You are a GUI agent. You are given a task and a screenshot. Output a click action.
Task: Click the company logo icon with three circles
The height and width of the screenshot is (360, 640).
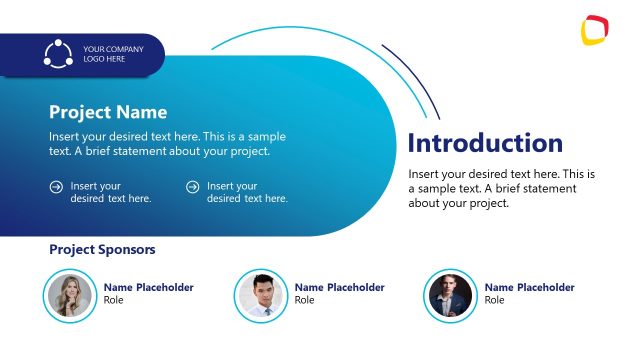[58, 54]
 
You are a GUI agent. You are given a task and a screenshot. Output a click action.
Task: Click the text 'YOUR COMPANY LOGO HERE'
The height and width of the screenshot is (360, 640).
[112, 54]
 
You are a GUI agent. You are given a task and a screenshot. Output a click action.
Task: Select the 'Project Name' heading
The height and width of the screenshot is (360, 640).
[108, 112]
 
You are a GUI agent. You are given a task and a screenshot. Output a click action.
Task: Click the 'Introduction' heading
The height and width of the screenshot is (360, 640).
[485, 143]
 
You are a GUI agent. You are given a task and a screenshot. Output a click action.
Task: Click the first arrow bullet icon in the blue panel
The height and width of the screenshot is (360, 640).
[56, 186]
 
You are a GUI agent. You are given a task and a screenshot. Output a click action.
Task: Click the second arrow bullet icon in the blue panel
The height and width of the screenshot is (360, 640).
[193, 186]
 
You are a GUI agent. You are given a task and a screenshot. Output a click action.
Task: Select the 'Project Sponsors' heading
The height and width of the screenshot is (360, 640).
[102, 250]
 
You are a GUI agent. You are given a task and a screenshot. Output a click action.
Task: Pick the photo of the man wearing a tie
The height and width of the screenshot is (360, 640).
[261, 295]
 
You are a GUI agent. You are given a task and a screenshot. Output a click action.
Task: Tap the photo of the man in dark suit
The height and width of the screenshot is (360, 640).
[451, 295]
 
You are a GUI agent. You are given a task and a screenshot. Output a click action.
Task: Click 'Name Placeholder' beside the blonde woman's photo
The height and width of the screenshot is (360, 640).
[149, 287]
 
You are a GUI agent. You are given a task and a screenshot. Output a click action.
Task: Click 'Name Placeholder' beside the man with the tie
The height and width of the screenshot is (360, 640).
[339, 287]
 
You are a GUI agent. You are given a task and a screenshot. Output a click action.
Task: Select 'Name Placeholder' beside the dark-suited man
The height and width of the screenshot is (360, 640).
[529, 287]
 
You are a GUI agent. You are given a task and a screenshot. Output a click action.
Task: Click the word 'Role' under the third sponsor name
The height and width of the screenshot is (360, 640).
[495, 300]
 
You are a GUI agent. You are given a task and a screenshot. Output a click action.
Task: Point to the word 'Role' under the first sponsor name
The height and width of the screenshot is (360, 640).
[114, 300]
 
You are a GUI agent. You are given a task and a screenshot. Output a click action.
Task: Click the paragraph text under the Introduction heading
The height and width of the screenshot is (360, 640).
[501, 188]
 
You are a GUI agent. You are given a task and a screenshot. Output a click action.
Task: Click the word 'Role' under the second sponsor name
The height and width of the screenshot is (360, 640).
[304, 300]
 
